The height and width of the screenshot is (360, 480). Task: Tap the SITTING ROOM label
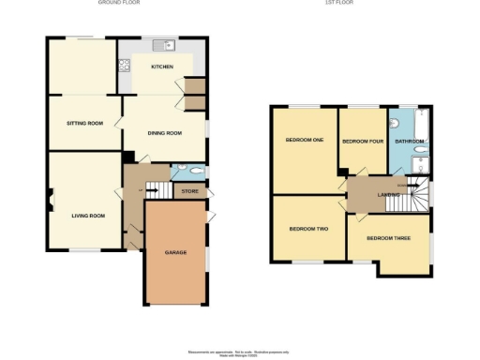tap(84, 124)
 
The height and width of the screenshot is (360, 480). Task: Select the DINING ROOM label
tap(164, 132)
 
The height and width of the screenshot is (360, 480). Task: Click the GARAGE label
tap(175, 253)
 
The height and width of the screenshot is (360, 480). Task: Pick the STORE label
tap(190, 192)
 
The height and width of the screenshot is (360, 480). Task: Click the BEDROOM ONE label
tap(305, 141)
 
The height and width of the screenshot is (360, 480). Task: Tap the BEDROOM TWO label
tap(307, 229)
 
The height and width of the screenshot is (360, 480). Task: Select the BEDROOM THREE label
tap(388, 238)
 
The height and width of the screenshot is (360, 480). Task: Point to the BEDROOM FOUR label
tap(362, 142)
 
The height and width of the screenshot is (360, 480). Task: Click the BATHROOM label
tap(410, 142)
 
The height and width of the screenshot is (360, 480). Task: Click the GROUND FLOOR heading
tap(119, 3)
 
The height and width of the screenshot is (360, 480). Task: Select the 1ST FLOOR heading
tap(337, 3)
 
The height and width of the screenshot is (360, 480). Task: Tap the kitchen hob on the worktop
tap(124, 66)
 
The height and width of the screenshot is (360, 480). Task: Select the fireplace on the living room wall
tap(52, 199)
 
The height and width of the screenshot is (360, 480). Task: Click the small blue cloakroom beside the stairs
tap(189, 172)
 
